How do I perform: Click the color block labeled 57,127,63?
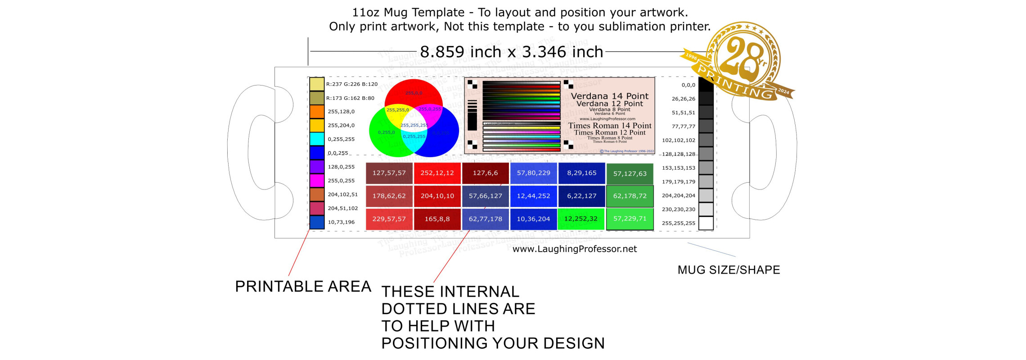coord(630,174)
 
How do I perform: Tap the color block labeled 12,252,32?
coord(581,219)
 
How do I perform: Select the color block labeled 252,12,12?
coord(437,173)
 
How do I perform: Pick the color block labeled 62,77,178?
coord(485,219)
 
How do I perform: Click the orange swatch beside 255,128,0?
coord(317,112)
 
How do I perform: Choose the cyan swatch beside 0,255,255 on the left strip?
coord(317,139)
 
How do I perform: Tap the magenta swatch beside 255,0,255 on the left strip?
coord(317,180)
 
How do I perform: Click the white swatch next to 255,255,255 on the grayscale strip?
coord(706,223)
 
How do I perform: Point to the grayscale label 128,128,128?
coord(678,154)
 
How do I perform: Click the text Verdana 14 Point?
coord(609,96)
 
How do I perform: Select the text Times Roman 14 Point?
coord(609,126)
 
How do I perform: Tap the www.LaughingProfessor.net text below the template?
coord(575,249)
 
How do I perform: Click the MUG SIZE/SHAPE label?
coord(729,270)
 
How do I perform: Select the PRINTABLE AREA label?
coord(303,286)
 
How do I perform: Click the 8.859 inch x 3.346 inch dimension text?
coord(511,52)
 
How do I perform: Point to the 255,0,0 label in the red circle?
coord(414,93)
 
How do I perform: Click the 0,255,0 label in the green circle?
coord(386,132)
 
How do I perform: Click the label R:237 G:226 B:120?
coord(352,84)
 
